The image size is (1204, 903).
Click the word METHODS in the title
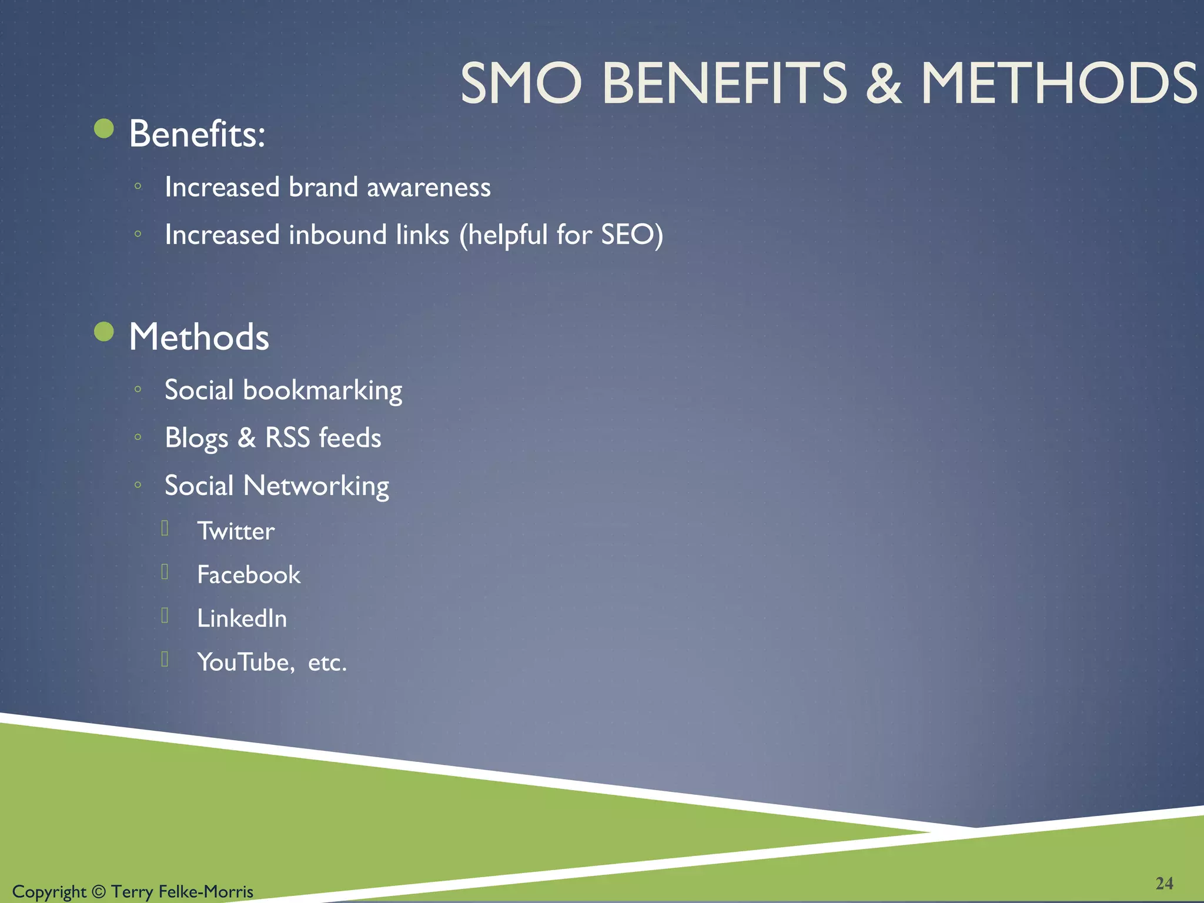(x=1058, y=83)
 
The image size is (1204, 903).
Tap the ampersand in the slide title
(x=883, y=83)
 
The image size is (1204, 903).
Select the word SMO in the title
(x=521, y=83)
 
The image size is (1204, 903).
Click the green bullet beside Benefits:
(x=104, y=129)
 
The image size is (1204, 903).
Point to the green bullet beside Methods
(x=104, y=332)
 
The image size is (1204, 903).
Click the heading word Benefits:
(x=197, y=134)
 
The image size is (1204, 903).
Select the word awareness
(x=429, y=188)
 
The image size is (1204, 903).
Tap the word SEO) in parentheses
(x=632, y=235)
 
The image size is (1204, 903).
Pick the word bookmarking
(x=323, y=391)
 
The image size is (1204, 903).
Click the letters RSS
(x=287, y=438)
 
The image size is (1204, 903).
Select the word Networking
(x=316, y=486)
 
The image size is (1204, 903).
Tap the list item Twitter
(x=236, y=531)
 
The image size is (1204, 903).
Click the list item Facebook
(x=249, y=575)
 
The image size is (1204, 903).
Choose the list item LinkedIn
(x=242, y=618)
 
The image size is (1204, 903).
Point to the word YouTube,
(x=246, y=663)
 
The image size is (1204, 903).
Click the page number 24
(x=1164, y=883)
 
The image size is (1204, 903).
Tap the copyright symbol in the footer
(x=99, y=892)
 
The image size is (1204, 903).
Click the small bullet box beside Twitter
(x=165, y=528)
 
